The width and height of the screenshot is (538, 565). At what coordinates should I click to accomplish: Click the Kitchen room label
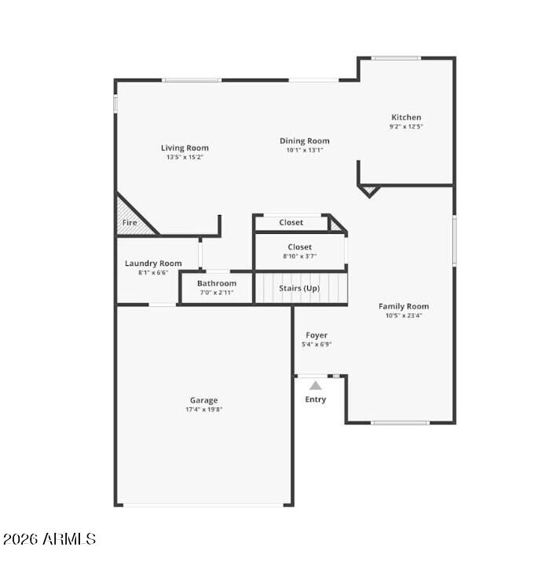[406, 117]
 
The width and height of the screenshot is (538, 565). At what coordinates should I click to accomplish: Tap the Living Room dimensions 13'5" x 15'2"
[185, 157]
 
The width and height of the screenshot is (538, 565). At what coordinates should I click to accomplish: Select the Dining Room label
[304, 141]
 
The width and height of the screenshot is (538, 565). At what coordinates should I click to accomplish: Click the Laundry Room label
[153, 264]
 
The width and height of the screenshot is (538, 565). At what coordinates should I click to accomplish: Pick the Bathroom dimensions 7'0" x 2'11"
[217, 293]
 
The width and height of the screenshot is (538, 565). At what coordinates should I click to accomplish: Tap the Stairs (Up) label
[299, 288]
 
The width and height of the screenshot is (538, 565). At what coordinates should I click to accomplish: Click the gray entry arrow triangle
[316, 386]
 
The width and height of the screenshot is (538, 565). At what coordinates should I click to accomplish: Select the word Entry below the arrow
[316, 399]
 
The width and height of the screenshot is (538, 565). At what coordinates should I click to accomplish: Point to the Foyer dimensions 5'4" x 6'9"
[317, 344]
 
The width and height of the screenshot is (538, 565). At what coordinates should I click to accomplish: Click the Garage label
[203, 400]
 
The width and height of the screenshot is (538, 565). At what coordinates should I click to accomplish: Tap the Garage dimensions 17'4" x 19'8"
[203, 410]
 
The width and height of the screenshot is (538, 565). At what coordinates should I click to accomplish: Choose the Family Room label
[404, 306]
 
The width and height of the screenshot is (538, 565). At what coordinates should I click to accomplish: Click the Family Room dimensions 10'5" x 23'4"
[404, 315]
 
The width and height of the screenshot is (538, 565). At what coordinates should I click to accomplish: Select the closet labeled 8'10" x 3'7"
[300, 251]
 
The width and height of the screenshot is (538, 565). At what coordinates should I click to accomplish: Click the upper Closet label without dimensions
[291, 222]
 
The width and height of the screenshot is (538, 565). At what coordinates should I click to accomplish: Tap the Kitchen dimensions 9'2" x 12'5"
[406, 126]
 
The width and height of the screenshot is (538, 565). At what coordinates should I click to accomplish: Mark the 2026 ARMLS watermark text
[49, 539]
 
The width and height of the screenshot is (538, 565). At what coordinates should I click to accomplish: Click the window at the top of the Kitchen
[396, 58]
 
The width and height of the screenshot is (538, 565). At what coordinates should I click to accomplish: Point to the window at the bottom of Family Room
[401, 423]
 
